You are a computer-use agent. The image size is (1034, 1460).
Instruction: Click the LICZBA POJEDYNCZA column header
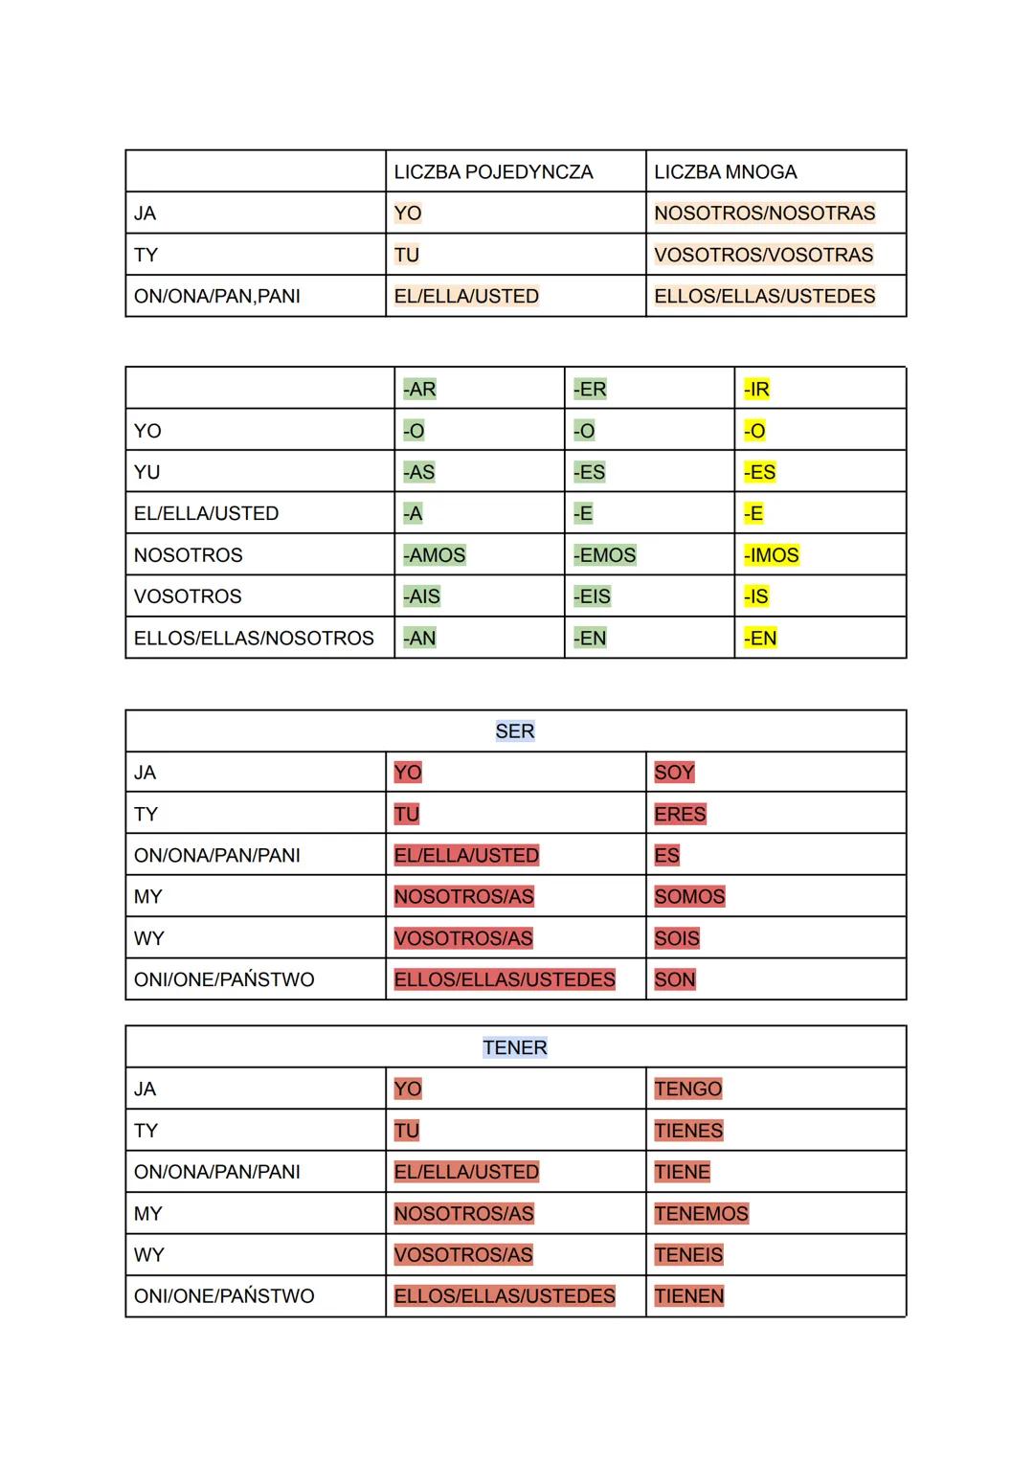(x=493, y=172)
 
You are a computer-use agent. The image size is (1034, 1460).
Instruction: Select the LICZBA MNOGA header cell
(x=725, y=172)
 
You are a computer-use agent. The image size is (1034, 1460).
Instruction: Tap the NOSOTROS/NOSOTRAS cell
(x=764, y=213)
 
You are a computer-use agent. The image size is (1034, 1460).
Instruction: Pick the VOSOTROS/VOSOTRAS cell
(x=763, y=255)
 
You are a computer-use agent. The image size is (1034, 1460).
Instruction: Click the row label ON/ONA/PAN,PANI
(x=217, y=296)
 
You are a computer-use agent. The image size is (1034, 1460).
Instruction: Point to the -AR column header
(x=419, y=390)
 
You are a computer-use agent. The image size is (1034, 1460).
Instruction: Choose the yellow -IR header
(x=756, y=390)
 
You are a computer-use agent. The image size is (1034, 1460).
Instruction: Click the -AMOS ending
(x=434, y=555)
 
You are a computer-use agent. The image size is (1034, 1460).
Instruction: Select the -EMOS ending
(x=604, y=555)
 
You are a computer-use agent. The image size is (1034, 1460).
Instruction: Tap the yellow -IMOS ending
(x=771, y=555)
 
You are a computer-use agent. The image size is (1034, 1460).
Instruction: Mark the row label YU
(x=147, y=472)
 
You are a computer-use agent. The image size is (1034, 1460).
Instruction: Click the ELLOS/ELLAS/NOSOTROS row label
(x=254, y=638)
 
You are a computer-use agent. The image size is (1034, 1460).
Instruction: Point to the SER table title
(x=515, y=731)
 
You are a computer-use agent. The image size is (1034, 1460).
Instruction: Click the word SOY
(x=674, y=773)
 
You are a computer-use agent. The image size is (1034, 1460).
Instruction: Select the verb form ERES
(x=680, y=814)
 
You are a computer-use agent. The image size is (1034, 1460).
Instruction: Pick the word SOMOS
(x=689, y=897)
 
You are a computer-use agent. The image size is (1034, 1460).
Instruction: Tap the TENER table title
(x=515, y=1047)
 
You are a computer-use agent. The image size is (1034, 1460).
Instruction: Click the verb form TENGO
(x=687, y=1089)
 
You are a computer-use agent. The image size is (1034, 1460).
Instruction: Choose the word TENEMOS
(x=701, y=1214)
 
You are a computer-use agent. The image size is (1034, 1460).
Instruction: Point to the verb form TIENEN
(x=689, y=1296)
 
